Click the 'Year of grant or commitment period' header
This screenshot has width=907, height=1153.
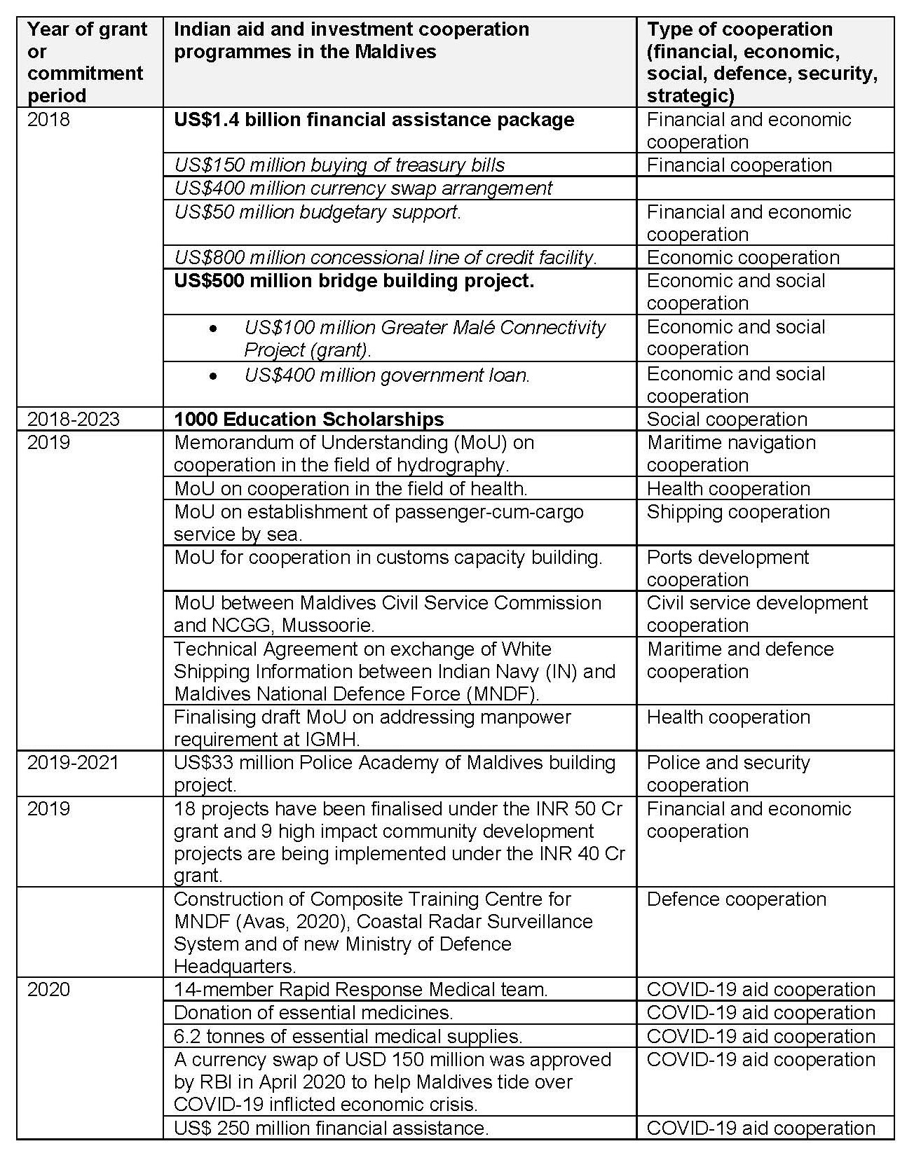coord(87,62)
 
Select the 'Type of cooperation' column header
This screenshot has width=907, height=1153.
coord(762,62)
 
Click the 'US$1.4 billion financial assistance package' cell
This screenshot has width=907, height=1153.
coord(374,120)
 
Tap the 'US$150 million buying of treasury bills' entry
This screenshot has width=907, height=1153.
coord(339,165)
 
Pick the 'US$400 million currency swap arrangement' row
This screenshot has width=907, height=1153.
coord(362,188)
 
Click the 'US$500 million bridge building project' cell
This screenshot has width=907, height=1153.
coord(353,281)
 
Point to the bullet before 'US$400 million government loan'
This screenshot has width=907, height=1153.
coord(213,376)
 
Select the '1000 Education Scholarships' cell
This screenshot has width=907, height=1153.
coord(308,419)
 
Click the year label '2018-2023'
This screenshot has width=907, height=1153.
coord(74,419)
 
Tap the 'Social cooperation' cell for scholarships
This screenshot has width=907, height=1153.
coord(727,419)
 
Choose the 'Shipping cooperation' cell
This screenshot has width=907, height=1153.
coord(738,512)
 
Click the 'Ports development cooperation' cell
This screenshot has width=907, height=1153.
coord(728,568)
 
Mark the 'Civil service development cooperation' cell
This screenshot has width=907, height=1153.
coord(757,614)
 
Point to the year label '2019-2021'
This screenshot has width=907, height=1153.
coord(74,762)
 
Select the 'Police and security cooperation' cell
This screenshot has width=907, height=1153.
coord(728,773)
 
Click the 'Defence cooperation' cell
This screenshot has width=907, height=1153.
coord(736,899)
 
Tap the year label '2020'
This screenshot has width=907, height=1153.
coord(48,989)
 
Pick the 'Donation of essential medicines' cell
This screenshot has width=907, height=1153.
coord(313,1013)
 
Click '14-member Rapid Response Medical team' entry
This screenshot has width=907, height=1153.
coord(360,989)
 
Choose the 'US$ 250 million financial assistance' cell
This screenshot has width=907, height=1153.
coord(331,1128)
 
